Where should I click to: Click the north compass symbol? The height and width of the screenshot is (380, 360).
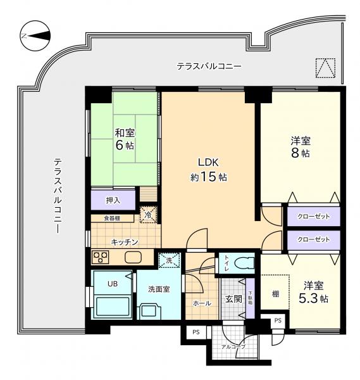point(35,36)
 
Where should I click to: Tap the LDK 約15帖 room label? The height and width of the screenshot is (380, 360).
point(208,170)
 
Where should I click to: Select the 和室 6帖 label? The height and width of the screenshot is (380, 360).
point(125,139)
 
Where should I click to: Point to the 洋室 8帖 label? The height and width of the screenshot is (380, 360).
point(301,147)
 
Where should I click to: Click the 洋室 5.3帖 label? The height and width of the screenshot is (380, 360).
point(314,293)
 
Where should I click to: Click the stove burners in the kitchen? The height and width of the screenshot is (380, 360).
point(101,257)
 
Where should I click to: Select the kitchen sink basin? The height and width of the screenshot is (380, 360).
point(133,257)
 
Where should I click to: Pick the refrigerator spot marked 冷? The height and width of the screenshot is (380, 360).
point(149,215)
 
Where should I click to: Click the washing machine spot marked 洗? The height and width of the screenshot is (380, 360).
point(169,260)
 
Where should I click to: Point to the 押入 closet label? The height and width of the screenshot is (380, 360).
point(113,201)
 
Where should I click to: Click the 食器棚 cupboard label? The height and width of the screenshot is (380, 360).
point(112,218)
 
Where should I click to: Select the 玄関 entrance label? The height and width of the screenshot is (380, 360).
point(233,299)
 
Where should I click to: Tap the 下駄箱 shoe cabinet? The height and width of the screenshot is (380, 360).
point(251,298)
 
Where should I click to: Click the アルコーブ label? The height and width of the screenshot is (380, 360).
point(233,347)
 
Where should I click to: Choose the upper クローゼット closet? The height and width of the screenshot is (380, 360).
point(314,217)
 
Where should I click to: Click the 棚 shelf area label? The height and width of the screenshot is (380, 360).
point(275,294)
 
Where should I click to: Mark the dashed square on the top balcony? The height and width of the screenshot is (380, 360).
point(325,68)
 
